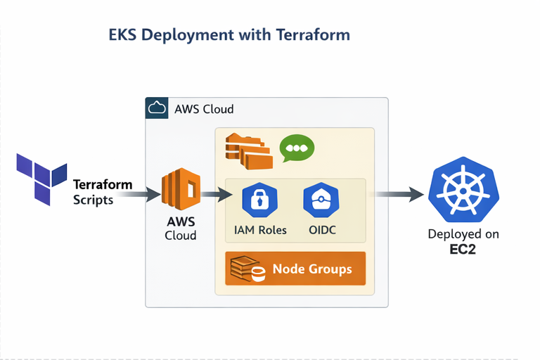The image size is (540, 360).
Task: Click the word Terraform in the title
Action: [314, 34]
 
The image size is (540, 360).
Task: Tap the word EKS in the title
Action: [124, 34]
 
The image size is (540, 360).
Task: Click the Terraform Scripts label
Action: [103, 192]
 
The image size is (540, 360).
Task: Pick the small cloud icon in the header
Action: [156, 109]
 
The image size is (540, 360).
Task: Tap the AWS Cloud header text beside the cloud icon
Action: [204, 110]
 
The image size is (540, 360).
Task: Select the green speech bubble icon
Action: [297, 149]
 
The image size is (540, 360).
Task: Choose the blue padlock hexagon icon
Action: [259, 200]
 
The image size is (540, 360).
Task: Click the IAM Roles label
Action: [260, 230]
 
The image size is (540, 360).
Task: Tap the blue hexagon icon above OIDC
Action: [320, 200]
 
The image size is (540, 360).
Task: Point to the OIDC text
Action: [321, 230]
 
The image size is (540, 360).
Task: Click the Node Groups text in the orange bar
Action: [311, 269]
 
